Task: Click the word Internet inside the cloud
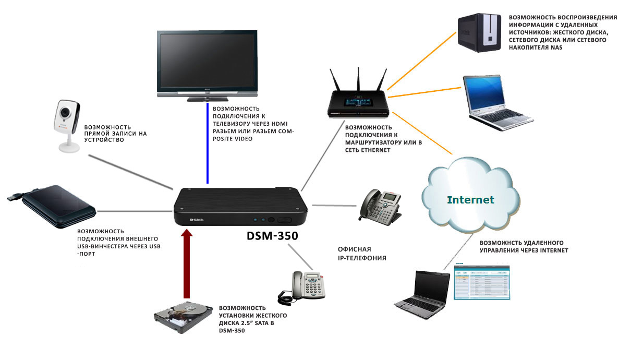(470, 200)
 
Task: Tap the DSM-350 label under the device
(272, 236)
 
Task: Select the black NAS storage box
(479, 33)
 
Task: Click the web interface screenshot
(481, 282)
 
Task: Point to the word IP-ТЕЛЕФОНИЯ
(362, 258)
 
